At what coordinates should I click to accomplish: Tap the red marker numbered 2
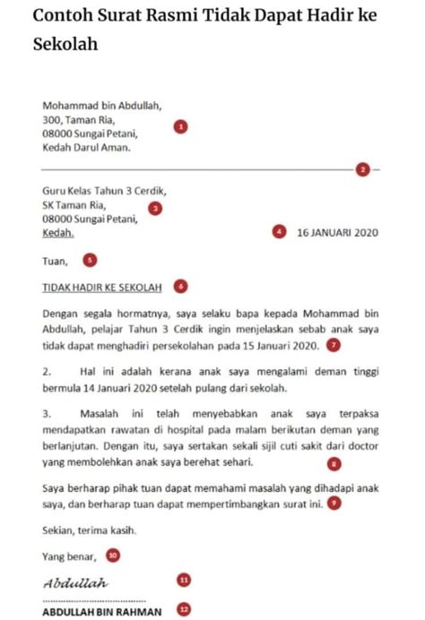point(362,168)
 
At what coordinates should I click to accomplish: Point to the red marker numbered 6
point(180,287)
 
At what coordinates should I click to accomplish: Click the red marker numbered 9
point(334,504)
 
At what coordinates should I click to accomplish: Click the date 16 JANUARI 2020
point(337,233)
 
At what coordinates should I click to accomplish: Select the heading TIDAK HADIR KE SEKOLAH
point(102,288)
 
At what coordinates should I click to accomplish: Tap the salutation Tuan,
point(56,262)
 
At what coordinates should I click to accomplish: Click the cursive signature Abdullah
point(75,583)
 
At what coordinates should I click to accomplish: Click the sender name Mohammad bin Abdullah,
point(102,106)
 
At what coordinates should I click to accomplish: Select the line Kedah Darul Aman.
point(86,148)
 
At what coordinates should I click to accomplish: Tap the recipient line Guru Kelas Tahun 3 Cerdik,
point(104,191)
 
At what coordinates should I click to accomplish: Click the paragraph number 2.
point(47,369)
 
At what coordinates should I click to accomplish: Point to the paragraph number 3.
point(47,414)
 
